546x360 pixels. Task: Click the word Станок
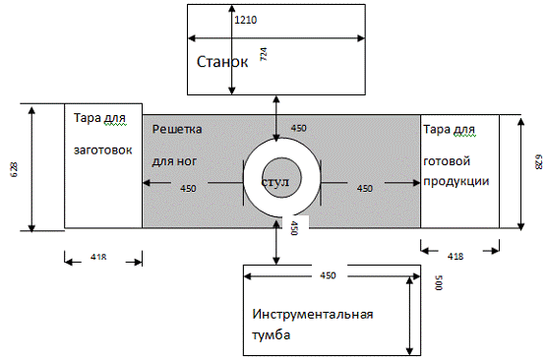222,62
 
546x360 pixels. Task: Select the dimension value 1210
246,20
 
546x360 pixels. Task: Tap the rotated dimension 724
264,54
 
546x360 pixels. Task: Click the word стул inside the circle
275,182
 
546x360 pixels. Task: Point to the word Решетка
177,129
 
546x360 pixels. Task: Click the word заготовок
102,150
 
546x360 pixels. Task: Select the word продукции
456,182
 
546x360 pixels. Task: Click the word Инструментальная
312,315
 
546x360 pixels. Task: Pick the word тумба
272,335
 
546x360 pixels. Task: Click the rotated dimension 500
439,282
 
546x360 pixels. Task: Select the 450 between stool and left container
188,188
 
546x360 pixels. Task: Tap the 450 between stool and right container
365,188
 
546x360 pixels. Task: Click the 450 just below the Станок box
298,128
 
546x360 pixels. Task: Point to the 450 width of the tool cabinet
328,275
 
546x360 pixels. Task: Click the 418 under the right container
455,257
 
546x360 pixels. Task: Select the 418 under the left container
98,258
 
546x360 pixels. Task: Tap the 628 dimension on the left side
15,169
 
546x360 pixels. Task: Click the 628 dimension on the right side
538,162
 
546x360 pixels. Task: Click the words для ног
174,161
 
